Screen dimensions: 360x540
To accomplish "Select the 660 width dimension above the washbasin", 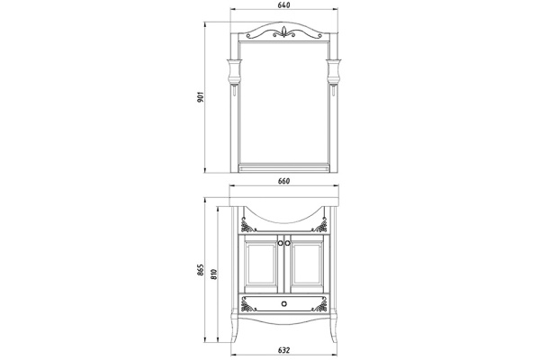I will click(284, 181).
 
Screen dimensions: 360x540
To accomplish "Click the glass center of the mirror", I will click(284, 99).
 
